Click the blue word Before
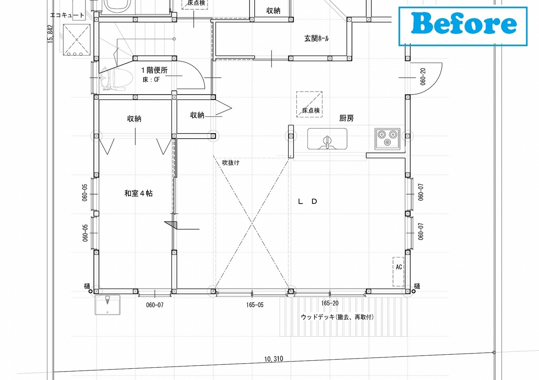(x=464, y=23)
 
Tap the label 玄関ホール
(x=316, y=38)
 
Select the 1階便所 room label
(x=154, y=70)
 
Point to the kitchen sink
(x=327, y=139)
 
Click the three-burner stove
(x=387, y=139)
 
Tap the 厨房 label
(x=347, y=118)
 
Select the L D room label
(x=307, y=201)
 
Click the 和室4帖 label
(x=139, y=193)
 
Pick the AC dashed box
(x=398, y=272)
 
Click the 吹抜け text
(x=231, y=163)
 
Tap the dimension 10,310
(x=274, y=359)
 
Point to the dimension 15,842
(x=50, y=34)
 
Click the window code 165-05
(x=255, y=305)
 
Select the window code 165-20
(x=330, y=303)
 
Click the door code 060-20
(x=423, y=77)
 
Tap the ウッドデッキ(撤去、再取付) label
(x=337, y=317)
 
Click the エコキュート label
(x=67, y=15)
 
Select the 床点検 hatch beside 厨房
(x=310, y=104)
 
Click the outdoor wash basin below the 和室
(x=107, y=305)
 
